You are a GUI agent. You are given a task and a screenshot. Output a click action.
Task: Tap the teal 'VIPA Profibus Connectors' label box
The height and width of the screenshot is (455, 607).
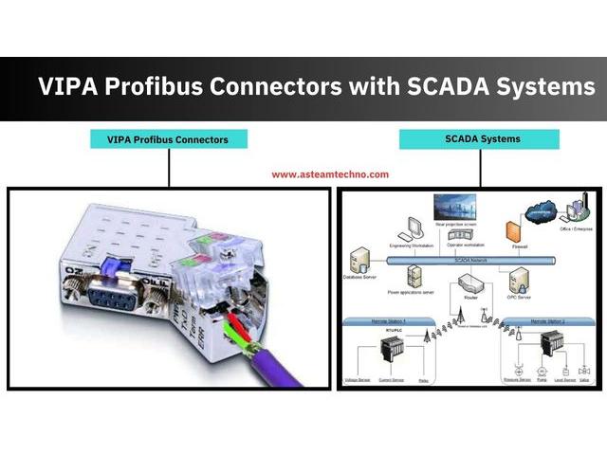click(x=169, y=139)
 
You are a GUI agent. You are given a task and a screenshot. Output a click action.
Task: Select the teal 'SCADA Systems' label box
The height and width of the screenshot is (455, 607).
click(x=480, y=139)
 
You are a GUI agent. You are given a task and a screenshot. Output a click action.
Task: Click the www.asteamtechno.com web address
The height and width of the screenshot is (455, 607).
click(x=330, y=174)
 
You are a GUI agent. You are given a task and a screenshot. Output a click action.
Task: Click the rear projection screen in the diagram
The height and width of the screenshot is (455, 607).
click(x=454, y=207)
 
